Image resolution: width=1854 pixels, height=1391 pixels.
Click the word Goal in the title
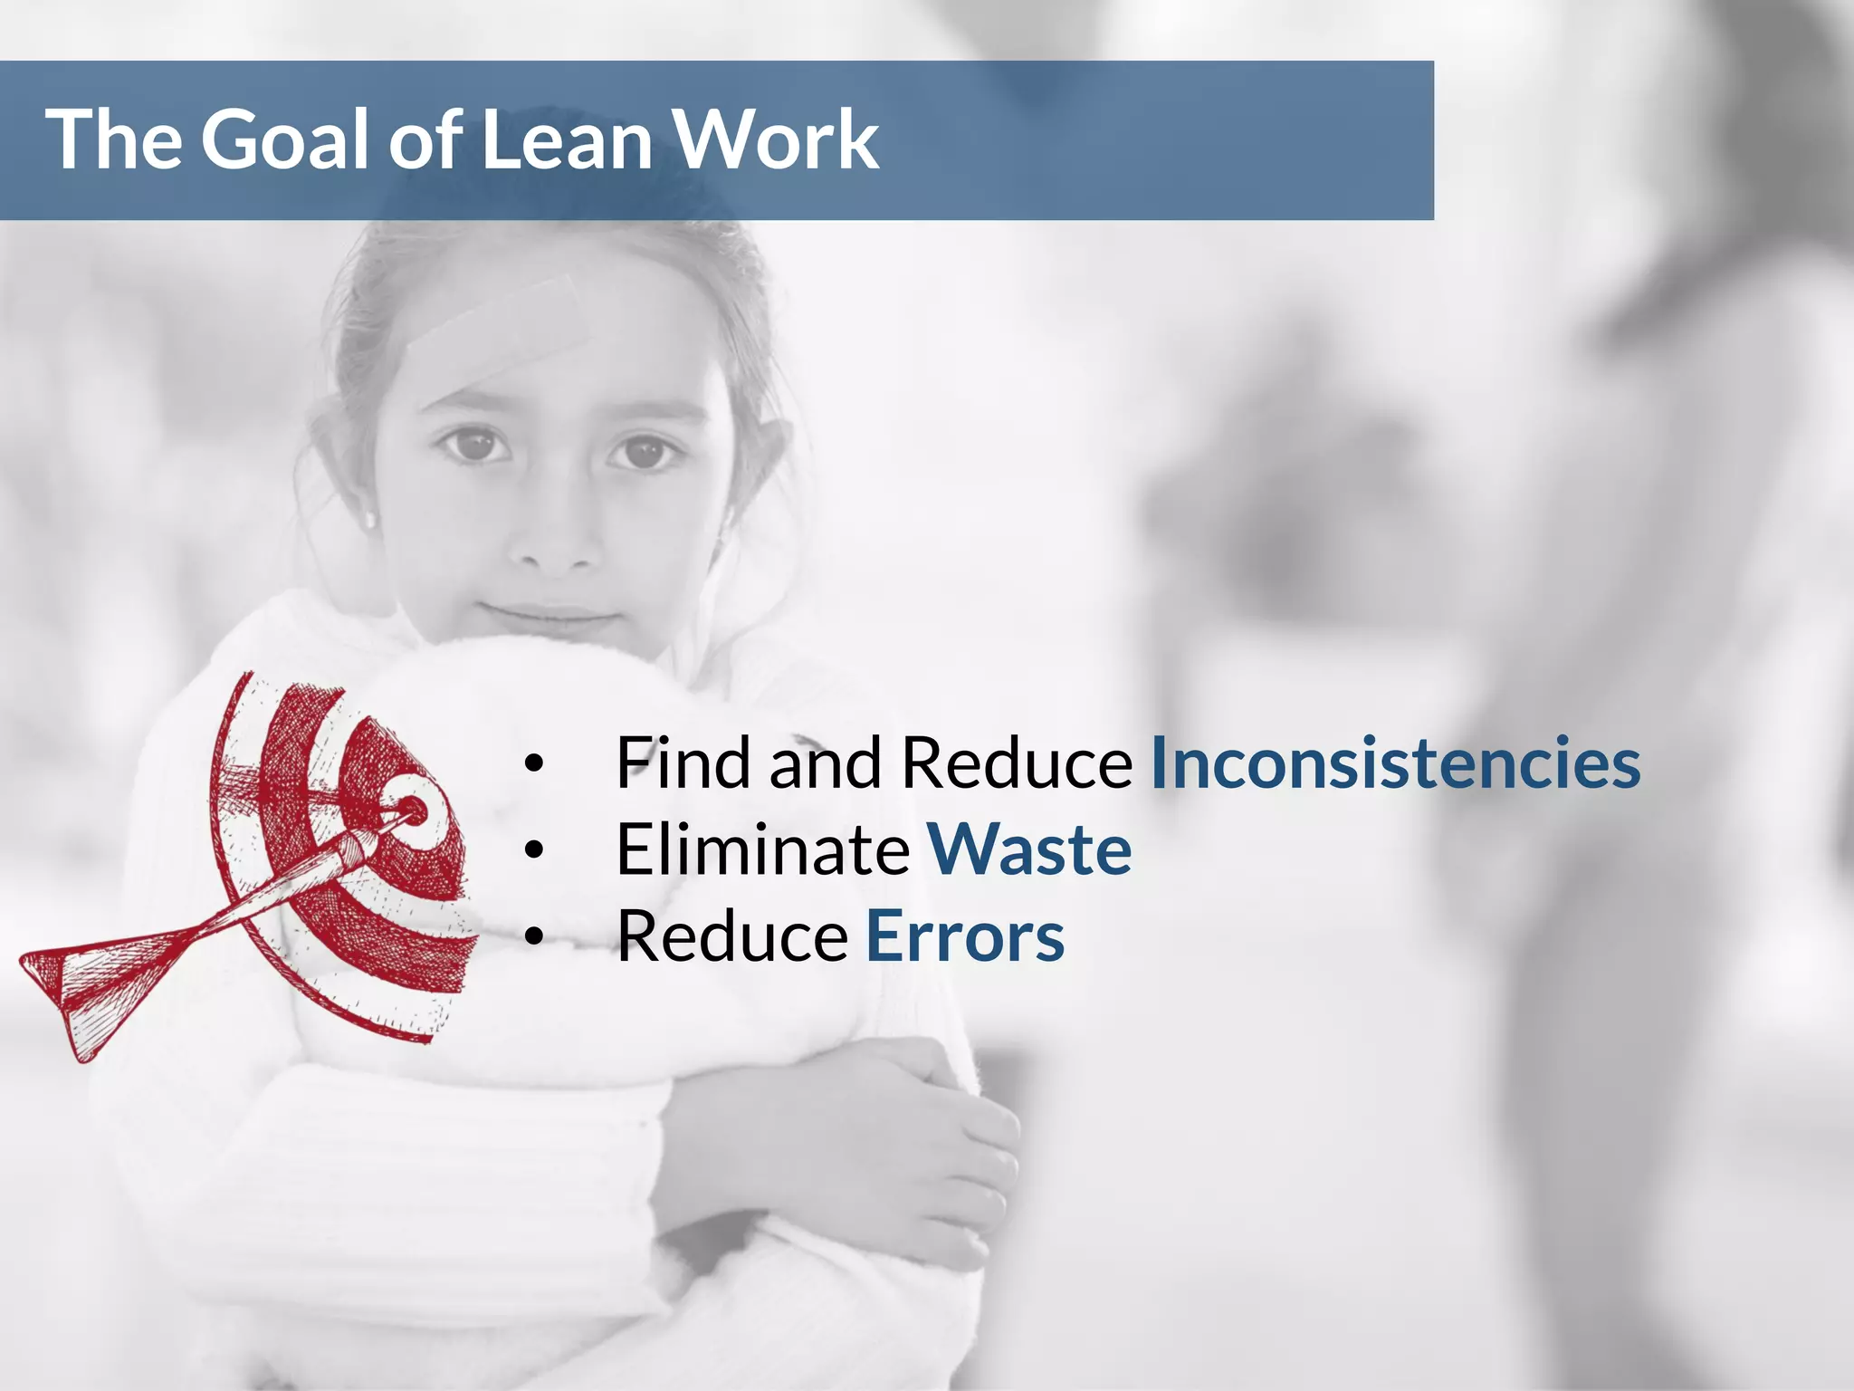click(x=287, y=139)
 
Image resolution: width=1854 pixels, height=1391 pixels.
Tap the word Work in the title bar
click(x=777, y=139)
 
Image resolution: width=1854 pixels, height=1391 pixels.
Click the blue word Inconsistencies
click(x=1395, y=763)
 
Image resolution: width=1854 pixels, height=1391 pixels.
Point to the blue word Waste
click(x=1029, y=850)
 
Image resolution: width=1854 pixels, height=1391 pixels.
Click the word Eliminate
click(x=762, y=850)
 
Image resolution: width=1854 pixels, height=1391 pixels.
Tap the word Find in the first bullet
click(x=683, y=763)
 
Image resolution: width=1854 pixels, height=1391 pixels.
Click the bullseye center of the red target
click(x=413, y=809)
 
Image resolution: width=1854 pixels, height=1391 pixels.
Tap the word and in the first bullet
click(x=825, y=763)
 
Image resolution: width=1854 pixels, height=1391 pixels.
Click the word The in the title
click(x=113, y=139)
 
